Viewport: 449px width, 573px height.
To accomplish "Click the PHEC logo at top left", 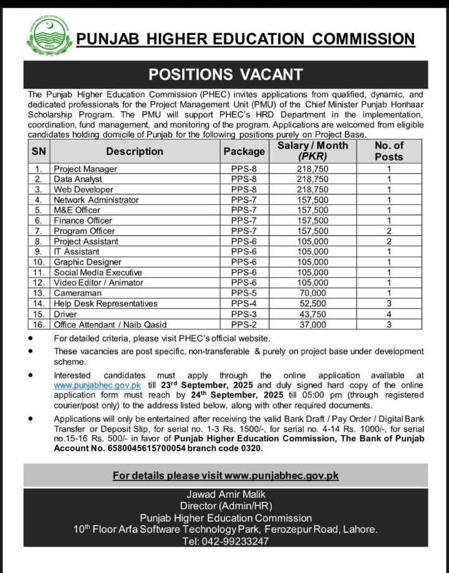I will click(x=48, y=35).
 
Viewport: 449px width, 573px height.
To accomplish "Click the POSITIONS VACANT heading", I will click(x=225, y=74).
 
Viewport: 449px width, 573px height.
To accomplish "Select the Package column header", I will click(x=244, y=151).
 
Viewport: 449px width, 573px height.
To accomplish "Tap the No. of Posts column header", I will click(x=389, y=151).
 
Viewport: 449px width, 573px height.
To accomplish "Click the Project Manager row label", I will click(x=85, y=169).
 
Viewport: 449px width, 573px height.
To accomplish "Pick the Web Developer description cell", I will click(x=84, y=190).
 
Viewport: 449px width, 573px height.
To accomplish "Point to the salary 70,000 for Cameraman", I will click(x=312, y=293).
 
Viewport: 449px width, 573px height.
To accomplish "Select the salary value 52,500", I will click(x=312, y=303).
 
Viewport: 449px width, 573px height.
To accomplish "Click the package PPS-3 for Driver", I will click(x=244, y=314).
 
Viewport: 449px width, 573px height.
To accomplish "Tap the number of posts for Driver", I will click(x=389, y=314).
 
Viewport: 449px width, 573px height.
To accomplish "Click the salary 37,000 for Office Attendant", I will click(x=312, y=325).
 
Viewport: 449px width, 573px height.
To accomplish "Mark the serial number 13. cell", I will click(x=39, y=293).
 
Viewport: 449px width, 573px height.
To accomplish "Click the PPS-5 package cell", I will click(x=244, y=293).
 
